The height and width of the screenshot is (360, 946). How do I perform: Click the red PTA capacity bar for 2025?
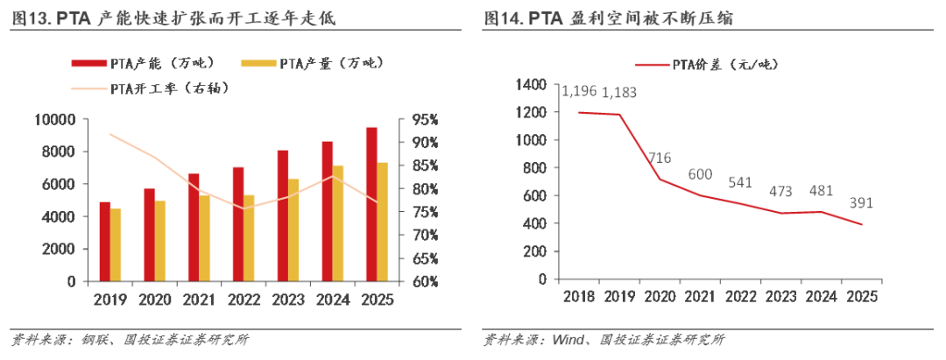point(371,204)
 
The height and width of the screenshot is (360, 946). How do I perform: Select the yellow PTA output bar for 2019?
point(116,244)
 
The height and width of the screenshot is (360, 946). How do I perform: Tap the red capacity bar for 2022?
point(238,224)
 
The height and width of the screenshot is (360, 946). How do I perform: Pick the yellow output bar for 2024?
point(338,223)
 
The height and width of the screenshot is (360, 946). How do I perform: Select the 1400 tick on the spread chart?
point(531,84)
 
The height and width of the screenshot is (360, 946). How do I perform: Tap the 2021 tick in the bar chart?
point(199,299)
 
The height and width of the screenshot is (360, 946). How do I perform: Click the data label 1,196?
point(578,91)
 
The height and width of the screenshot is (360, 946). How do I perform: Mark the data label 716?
point(660,158)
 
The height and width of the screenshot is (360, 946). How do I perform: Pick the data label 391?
point(861,202)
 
